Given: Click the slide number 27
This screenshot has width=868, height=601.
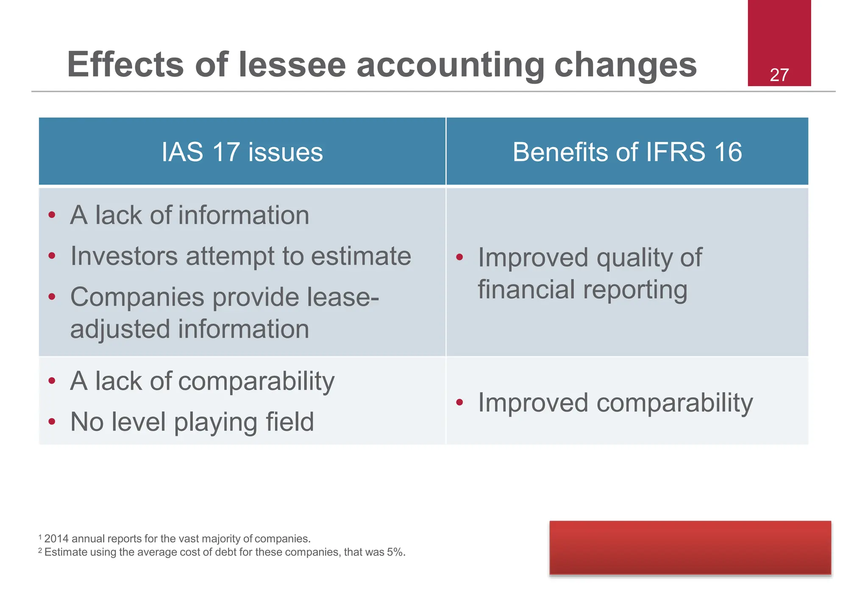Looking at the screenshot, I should pos(779,75).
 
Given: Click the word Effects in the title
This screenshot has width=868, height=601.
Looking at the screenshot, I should pos(125,64).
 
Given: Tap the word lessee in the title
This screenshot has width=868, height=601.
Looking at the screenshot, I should pos(292,64).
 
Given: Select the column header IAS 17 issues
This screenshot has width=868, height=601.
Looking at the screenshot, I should pos(242,152).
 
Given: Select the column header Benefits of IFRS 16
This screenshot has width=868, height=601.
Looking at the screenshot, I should pos(627,152).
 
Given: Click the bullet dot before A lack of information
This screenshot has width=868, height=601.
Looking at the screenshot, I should pos(52,215).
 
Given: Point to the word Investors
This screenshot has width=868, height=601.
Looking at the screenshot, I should pos(124,256).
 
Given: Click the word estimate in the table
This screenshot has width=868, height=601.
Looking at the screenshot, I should pos(361,256).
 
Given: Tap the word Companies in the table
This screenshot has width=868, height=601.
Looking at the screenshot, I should pos(137,297).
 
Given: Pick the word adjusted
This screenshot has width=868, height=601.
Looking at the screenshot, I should pos(120,329).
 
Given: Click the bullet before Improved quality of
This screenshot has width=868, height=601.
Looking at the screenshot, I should pos(459,257).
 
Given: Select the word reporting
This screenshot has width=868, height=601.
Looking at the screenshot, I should pos(635,290).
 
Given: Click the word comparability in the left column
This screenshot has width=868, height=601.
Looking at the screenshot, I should pos(256,381).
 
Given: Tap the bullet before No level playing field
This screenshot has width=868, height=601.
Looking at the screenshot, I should pos(52,421).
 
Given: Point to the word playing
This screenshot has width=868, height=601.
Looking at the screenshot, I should pos(215,422).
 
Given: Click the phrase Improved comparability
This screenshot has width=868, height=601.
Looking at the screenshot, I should pos(615,402).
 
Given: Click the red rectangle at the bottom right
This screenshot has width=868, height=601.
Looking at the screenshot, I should pos(690,548).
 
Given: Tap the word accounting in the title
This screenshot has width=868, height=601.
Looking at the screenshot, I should pos(450,64).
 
